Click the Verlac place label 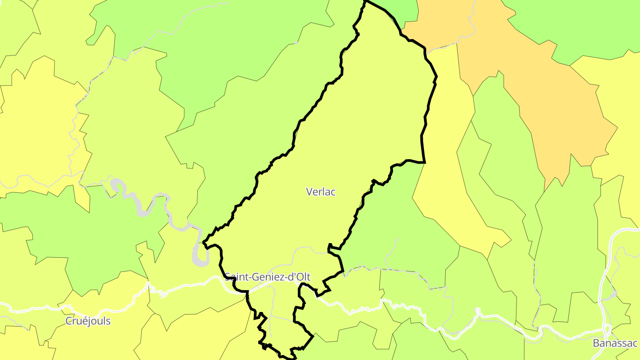click(320, 192)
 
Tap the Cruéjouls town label click(88, 321)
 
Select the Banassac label click(615, 343)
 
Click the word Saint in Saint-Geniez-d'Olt click(236, 277)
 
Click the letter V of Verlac click(309, 192)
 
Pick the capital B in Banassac click(596, 343)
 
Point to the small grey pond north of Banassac click(612, 294)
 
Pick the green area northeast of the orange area click(578, 27)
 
